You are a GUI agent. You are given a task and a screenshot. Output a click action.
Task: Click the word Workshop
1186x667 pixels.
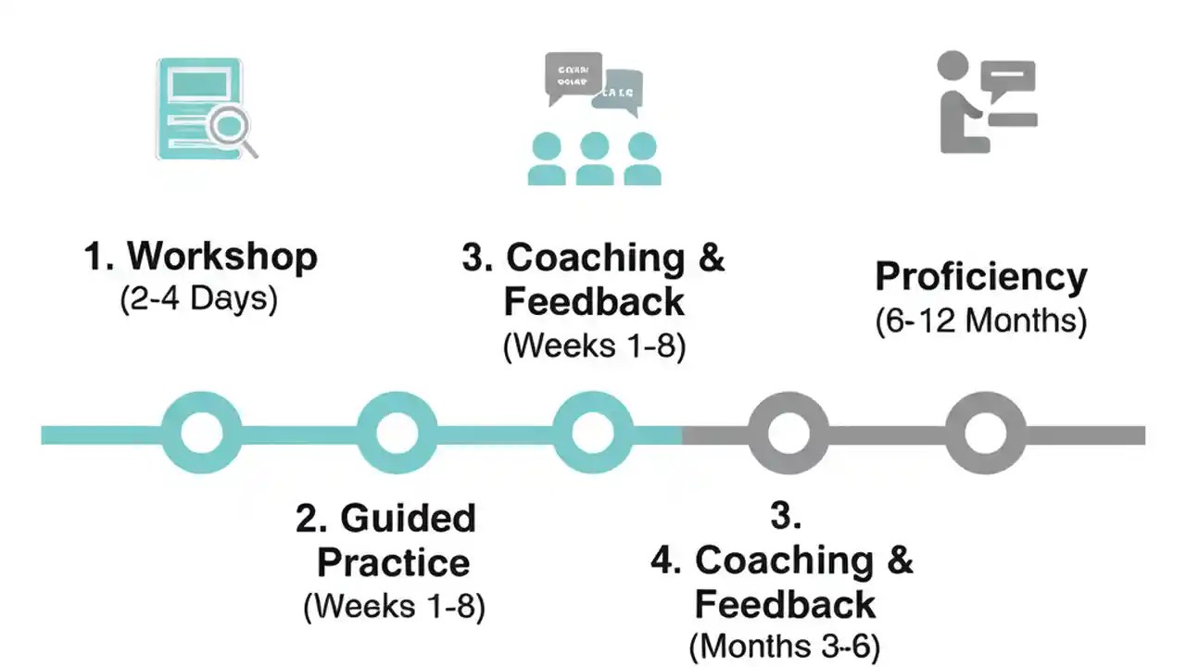coord(222,257)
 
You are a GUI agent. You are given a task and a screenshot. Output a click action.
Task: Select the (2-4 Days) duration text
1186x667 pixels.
coord(198,301)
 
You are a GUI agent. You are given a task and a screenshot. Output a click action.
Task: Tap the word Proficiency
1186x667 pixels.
coord(981,277)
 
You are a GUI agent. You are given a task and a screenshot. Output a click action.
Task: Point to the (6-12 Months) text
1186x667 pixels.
coord(981,321)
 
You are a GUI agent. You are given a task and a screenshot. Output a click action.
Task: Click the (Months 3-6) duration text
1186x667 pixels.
coord(784,646)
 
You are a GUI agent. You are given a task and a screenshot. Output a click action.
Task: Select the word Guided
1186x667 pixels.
coord(408,518)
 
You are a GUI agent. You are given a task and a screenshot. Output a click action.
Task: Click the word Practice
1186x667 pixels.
coord(393,562)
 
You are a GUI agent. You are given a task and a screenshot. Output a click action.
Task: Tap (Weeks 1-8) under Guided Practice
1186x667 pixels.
coord(394,607)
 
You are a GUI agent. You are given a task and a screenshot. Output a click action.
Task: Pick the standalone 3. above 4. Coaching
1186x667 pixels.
coord(785,517)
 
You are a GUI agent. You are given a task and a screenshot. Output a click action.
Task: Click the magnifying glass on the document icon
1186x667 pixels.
coord(230,127)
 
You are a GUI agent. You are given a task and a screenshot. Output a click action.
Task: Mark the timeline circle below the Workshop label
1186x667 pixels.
coord(202,433)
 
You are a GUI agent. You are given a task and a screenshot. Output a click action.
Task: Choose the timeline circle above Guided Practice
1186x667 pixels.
coord(397,433)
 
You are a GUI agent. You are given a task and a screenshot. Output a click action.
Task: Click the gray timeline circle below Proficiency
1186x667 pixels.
coord(985,433)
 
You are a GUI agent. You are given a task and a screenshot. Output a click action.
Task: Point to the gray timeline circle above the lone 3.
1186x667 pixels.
coord(789,433)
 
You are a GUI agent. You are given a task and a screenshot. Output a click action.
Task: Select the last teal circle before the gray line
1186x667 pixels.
coord(593,433)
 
